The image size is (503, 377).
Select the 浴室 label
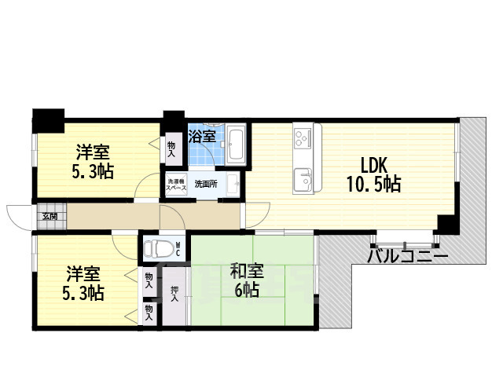(203, 137)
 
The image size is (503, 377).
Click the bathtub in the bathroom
(237, 145)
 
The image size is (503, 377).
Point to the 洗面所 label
(206, 185)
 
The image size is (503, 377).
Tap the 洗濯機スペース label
(176, 185)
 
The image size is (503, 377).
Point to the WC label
(178, 250)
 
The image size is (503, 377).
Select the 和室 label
(247, 272)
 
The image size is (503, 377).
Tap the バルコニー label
(408, 256)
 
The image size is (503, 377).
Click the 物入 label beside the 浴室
(172, 148)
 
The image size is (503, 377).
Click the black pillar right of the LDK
(446, 225)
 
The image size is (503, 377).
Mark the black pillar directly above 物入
(172, 123)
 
